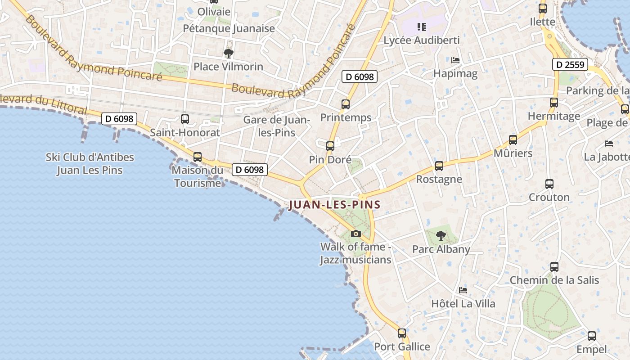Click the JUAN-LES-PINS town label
click(335, 205)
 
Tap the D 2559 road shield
click(570, 65)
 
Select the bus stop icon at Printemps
click(346, 104)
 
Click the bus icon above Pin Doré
click(330, 146)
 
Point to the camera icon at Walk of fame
click(356, 234)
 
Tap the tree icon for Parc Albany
click(441, 235)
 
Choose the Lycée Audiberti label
click(421, 40)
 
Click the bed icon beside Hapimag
click(455, 60)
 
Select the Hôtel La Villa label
click(463, 304)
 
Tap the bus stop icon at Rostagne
click(439, 166)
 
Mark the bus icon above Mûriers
click(513, 140)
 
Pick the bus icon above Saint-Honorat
click(185, 119)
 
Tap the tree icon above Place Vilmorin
click(229, 54)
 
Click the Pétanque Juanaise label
click(229, 29)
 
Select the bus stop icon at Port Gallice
click(402, 333)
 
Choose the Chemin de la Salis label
click(554, 280)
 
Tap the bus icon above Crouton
click(549, 184)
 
